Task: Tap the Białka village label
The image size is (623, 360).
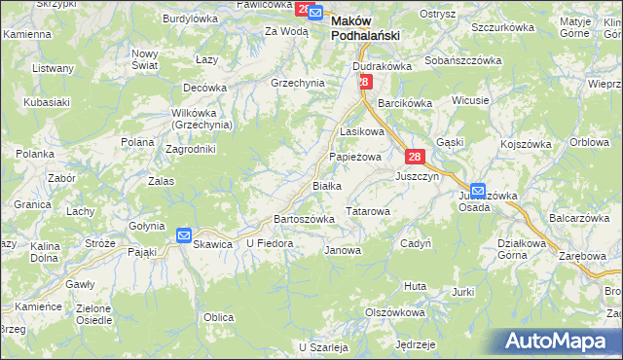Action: pyautogui.click(x=325, y=186)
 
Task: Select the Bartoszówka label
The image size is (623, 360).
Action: pyautogui.click(x=305, y=219)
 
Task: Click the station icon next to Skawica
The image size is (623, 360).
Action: pyautogui.click(x=184, y=234)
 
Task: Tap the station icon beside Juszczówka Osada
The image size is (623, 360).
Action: pyautogui.click(x=479, y=191)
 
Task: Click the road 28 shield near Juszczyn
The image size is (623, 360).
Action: pyautogui.click(x=415, y=157)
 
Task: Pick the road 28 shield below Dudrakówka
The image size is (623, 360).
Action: pyautogui.click(x=363, y=83)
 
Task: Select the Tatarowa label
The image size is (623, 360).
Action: pyautogui.click(x=369, y=210)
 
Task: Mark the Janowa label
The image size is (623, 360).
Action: pyautogui.click(x=343, y=250)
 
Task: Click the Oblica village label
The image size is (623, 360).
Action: pyautogui.click(x=218, y=317)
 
